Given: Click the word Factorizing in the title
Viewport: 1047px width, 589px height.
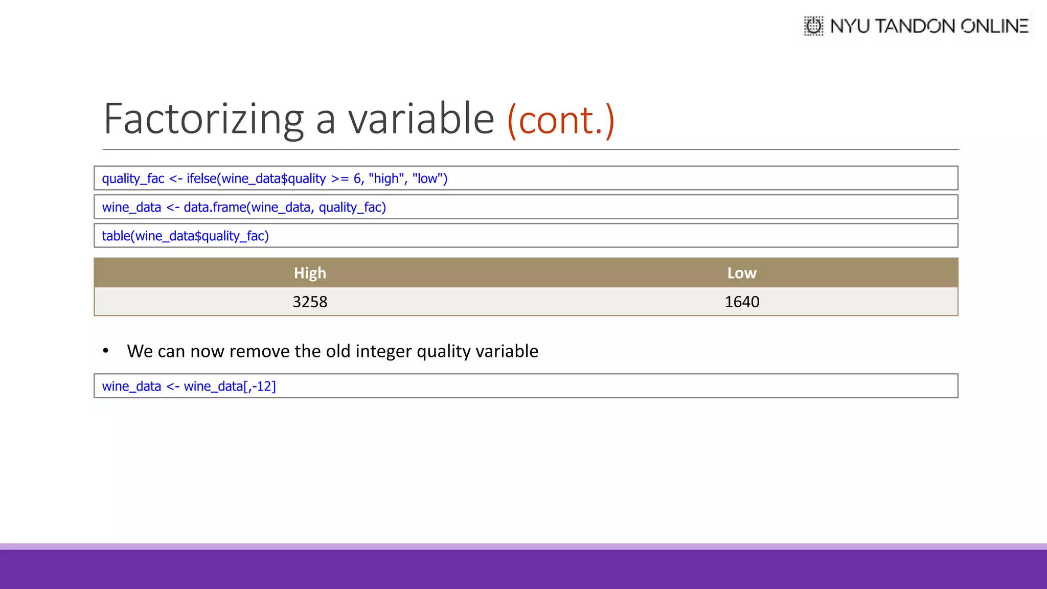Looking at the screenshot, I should click(203, 119).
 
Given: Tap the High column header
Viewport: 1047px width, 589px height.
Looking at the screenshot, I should click(310, 273).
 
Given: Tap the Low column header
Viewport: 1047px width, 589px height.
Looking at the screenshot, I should click(742, 273).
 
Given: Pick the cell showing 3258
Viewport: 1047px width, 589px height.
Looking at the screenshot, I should click(310, 302).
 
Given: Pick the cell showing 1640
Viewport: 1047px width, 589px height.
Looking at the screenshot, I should click(742, 302).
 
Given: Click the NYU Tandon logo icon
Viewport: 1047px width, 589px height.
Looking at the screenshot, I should click(813, 26).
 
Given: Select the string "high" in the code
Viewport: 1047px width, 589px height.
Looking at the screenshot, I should click(386, 178).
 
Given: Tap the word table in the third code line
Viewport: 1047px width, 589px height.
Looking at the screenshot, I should click(116, 236).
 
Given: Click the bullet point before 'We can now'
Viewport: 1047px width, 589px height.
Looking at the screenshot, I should click(106, 351).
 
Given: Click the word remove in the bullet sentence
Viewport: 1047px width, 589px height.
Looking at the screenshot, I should click(260, 351).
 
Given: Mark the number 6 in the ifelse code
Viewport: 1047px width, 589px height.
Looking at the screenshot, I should click(357, 178).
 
